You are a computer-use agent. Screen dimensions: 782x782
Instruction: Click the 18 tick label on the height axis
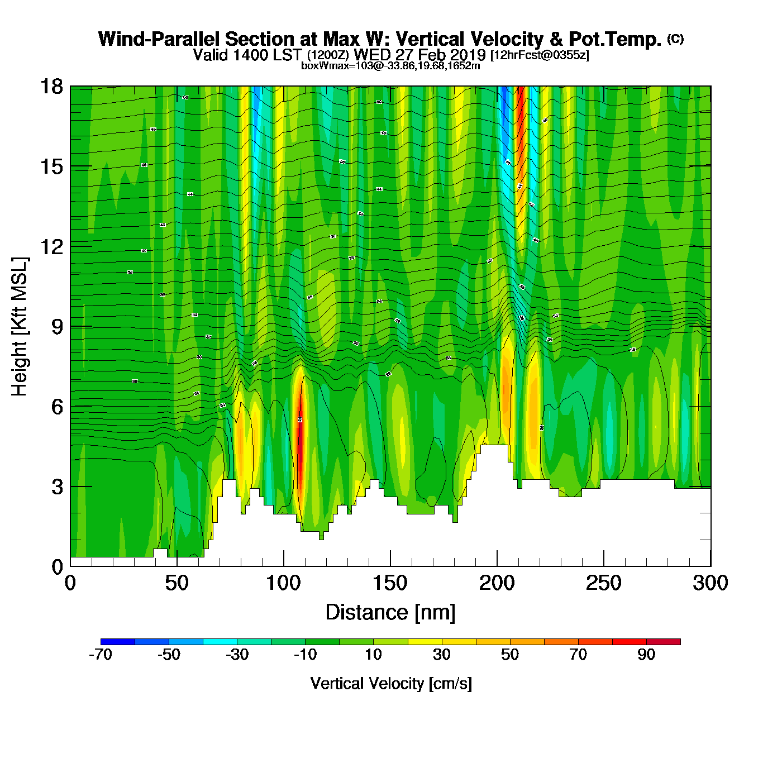(51, 87)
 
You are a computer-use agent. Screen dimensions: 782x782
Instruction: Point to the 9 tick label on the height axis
(57, 327)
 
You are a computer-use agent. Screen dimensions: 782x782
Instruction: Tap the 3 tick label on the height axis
(57, 487)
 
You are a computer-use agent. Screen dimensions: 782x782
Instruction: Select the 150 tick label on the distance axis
(390, 583)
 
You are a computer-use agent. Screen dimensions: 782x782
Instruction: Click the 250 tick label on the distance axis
(603, 583)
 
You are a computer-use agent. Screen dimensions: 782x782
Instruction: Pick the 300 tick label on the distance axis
(710, 583)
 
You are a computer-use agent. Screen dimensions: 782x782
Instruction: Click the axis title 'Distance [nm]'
(390, 613)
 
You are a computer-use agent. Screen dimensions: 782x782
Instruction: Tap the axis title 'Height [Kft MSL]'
(20, 327)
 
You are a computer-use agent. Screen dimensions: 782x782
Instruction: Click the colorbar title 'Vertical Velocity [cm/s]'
(391, 683)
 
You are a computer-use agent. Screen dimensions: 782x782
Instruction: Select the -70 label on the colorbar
(101, 655)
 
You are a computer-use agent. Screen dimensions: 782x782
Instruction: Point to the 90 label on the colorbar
(646, 655)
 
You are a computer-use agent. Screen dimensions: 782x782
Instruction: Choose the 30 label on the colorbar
(441, 655)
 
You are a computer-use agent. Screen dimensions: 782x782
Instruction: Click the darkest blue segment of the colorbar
(118, 642)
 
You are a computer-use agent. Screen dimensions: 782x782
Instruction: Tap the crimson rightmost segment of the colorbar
(664, 642)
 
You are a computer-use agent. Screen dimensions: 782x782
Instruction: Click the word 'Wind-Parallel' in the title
(159, 39)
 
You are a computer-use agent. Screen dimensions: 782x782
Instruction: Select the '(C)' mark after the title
(675, 39)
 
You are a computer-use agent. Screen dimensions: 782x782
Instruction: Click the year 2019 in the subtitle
(468, 55)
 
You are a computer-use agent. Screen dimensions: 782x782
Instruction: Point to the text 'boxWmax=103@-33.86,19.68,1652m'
(390, 65)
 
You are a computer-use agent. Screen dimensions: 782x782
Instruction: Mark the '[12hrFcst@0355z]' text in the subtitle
(540, 55)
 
